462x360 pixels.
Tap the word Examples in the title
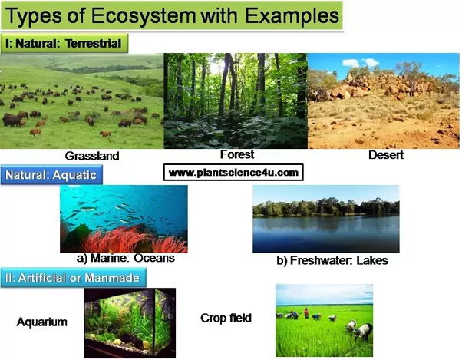tap(292, 16)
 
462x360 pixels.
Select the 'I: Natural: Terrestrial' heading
tap(64, 43)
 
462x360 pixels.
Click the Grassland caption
tap(92, 156)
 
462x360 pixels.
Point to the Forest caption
tap(237, 154)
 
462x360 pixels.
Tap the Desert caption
tap(386, 154)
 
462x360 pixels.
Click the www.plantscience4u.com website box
tap(233, 173)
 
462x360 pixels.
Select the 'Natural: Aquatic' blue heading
tap(51, 175)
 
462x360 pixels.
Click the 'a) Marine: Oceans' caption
tap(126, 258)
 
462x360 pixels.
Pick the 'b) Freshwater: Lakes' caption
tap(332, 260)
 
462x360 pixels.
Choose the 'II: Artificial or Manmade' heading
tap(73, 278)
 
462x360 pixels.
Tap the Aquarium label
tap(42, 322)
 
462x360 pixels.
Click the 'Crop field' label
tap(226, 318)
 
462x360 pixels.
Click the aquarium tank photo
tap(130, 323)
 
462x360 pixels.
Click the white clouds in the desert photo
tap(360, 62)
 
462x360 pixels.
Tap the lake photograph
tap(326, 219)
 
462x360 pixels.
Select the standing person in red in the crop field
tap(306, 313)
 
